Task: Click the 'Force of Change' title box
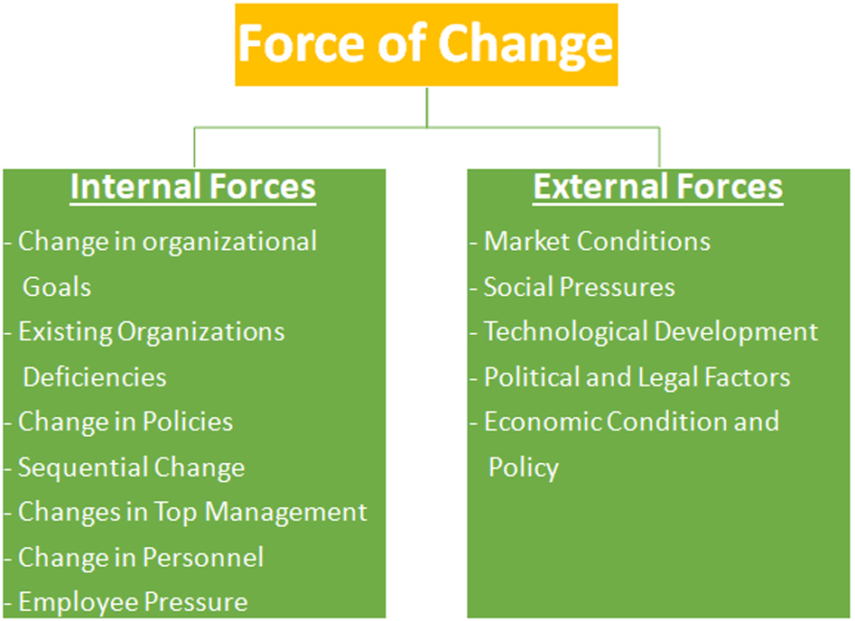click(426, 44)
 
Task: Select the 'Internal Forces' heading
click(193, 187)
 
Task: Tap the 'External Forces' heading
click(657, 187)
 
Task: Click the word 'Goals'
click(57, 287)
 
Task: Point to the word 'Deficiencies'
click(95, 376)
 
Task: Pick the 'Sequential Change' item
click(131, 468)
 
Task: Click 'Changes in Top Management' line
click(192, 512)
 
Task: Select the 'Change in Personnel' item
click(140, 557)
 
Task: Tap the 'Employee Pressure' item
click(133, 601)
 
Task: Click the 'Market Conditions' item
click(597, 241)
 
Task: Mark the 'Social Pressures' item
click(579, 287)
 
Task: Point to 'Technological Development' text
click(651, 331)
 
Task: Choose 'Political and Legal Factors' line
click(637, 376)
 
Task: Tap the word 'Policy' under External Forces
click(524, 468)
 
